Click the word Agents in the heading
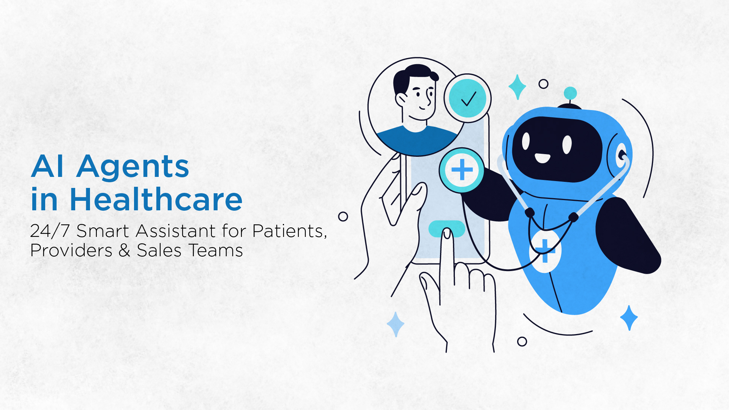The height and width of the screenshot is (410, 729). click(x=133, y=167)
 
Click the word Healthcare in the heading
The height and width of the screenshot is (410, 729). click(x=156, y=200)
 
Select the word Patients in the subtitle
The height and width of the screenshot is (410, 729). click(x=289, y=231)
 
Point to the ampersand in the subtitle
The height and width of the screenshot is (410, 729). click(x=124, y=251)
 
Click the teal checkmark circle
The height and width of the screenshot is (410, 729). click(x=467, y=98)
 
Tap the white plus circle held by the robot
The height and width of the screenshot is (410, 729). click(x=462, y=170)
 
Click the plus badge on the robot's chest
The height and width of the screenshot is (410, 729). click(x=545, y=251)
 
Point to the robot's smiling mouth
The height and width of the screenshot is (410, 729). click(x=542, y=158)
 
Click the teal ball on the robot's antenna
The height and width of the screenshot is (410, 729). click(x=570, y=93)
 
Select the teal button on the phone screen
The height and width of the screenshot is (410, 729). click(x=447, y=228)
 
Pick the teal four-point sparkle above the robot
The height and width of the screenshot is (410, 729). click(x=517, y=87)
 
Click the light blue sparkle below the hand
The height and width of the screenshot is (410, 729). click(x=396, y=324)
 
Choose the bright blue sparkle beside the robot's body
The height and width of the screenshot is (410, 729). click(x=629, y=317)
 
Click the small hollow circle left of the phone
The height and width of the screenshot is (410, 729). click(x=343, y=216)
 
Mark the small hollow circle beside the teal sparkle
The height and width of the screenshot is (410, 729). click(x=543, y=84)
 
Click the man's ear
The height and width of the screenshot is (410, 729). click(x=401, y=99)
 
